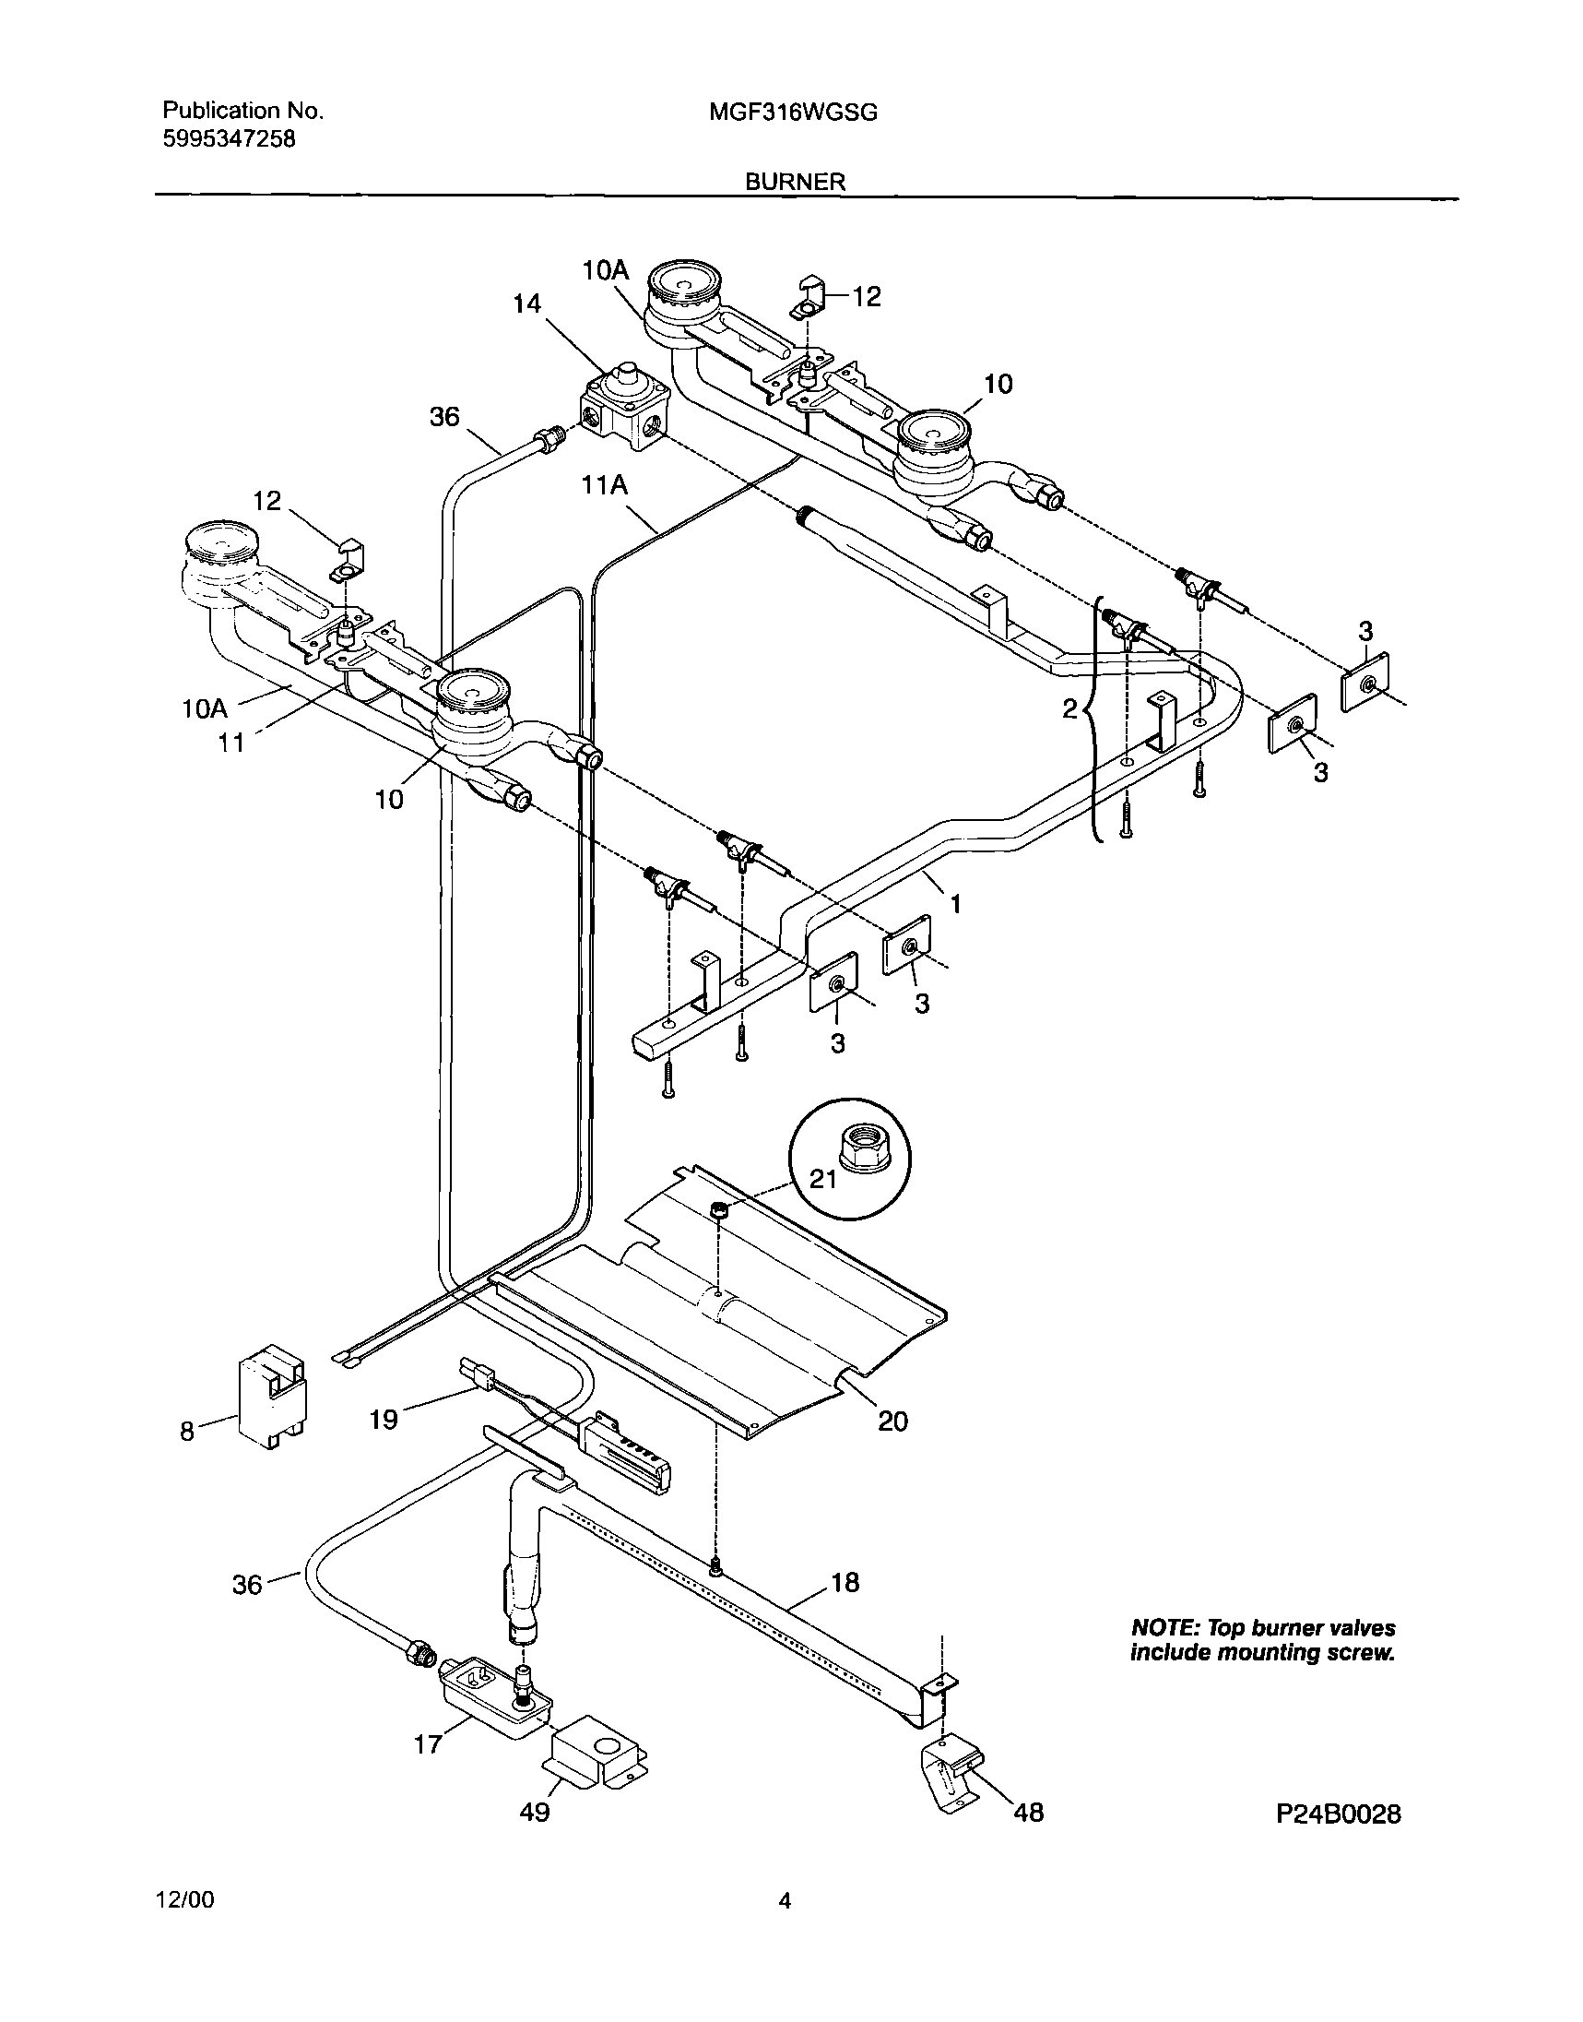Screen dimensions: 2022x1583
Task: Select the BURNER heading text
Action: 796,182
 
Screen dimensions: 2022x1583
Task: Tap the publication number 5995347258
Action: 229,139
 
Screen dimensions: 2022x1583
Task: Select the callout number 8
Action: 187,1432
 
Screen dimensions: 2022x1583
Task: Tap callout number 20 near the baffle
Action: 892,1421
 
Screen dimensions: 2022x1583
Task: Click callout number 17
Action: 427,1744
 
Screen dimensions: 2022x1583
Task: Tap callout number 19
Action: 384,1419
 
